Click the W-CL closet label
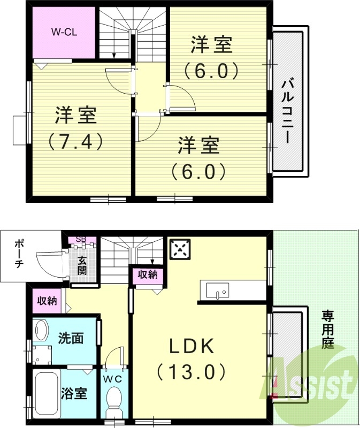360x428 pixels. pyautogui.click(x=65, y=32)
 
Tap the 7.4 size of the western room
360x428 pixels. pyautogui.click(x=75, y=141)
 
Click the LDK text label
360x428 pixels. pyautogui.click(x=192, y=346)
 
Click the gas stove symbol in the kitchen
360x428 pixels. pyautogui.click(x=181, y=249)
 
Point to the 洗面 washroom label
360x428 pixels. pyautogui.click(x=71, y=338)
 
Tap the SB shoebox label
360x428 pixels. pyautogui.click(x=81, y=239)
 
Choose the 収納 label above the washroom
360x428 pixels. pyautogui.click(x=47, y=301)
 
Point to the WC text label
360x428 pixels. pyautogui.click(x=113, y=379)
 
